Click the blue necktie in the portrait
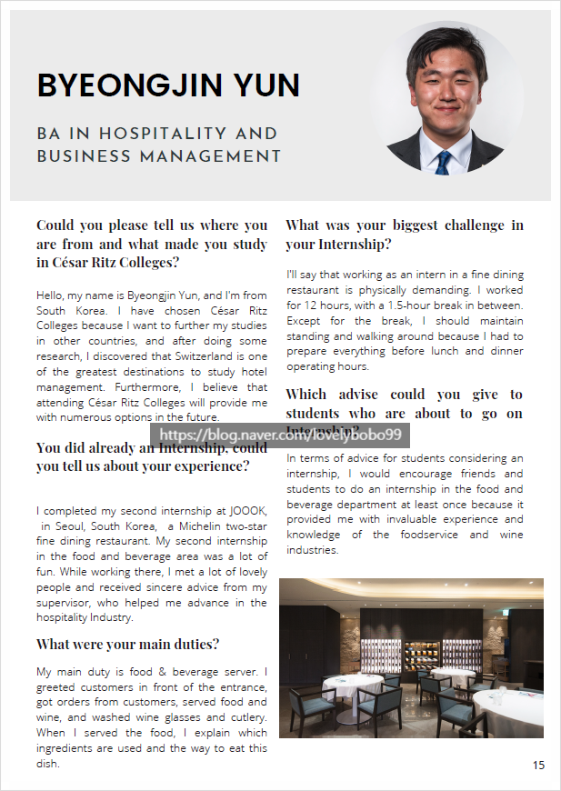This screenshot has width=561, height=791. coord(443,163)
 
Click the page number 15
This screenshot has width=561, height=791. coord(539,766)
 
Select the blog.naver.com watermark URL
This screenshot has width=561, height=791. coord(280,436)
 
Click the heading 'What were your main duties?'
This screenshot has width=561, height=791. coord(127,644)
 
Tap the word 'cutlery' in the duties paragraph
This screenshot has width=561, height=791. coord(247,716)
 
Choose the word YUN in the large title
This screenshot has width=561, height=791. coord(265,85)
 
